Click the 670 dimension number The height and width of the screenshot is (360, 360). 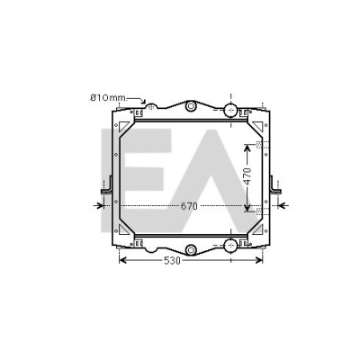189,206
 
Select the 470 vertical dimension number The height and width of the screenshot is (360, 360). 247,176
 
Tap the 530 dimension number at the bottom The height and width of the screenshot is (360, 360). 173,261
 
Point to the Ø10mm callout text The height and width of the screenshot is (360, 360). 108,98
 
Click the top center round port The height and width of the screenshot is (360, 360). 191,106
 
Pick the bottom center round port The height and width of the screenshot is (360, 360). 191,249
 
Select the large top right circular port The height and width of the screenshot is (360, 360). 230,110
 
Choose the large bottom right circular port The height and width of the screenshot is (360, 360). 230,246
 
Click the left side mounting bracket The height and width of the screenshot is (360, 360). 107,186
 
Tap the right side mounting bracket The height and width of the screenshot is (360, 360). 275,186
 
